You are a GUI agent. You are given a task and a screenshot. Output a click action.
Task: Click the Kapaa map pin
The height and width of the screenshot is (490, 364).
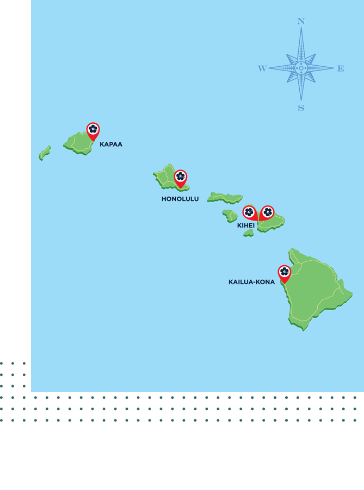click(x=93, y=130)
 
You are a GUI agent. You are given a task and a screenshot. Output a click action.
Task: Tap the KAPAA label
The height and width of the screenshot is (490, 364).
click(x=111, y=145)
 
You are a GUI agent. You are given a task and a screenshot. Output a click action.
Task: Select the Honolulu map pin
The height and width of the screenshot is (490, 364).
click(x=181, y=177)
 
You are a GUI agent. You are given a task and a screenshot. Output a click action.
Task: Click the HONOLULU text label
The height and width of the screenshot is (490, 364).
click(x=180, y=199)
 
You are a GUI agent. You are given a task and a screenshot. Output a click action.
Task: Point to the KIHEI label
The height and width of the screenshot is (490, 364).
click(x=246, y=225)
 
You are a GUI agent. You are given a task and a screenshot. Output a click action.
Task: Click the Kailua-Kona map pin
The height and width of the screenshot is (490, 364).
click(x=284, y=272)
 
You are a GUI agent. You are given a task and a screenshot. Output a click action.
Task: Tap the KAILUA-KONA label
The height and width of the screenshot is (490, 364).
click(x=251, y=282)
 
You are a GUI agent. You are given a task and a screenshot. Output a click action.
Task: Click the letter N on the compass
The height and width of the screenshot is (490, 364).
click(x=301, y=22)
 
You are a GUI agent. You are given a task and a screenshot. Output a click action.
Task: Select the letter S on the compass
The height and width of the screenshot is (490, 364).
click(x=301, y=108)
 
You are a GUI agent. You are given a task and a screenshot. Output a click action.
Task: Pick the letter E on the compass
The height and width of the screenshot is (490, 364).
click(x=341, y=68)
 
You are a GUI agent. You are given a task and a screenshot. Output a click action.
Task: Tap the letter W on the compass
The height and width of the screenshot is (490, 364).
click(x=262, y=68)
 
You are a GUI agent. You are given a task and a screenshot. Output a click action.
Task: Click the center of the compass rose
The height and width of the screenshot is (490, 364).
click(x=301, y=68)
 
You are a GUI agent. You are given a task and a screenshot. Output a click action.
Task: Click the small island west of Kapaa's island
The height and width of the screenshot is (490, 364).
click(x=45, y=153)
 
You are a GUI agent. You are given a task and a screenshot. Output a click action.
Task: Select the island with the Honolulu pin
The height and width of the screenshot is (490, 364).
click(x=166, y=178)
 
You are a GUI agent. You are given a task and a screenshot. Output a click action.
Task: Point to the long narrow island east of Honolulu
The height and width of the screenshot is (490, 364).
click(x=224, y=198)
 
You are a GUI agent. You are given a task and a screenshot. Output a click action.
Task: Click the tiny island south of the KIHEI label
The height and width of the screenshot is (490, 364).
click(x=249, y=233)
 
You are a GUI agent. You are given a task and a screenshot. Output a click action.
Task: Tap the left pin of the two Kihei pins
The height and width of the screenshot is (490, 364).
click(x=249, y=212)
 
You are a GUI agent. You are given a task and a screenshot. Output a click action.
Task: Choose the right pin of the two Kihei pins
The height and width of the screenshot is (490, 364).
click(x=267, y=212)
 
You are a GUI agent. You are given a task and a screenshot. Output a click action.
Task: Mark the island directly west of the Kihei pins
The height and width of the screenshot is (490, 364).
click(x=230, y=216)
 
